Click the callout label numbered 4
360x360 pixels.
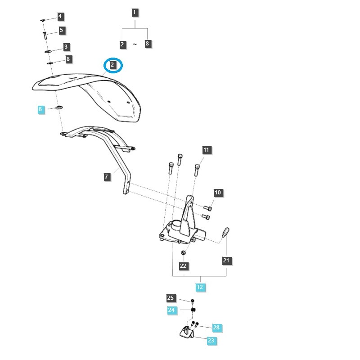(60, 17)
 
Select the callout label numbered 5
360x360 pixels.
(62, 31)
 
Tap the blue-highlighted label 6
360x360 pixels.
(40, 109)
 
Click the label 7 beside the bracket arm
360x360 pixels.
(107, 177)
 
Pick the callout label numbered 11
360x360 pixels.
(207, 150)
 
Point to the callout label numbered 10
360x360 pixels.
(218, 193)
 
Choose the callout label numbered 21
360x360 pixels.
(226, 260)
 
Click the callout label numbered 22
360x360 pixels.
(183, 266)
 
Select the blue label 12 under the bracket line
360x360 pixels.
(200, 287)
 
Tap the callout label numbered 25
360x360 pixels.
(170, 298)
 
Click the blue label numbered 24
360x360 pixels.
(171, 310)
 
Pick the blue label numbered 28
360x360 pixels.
(216, 328)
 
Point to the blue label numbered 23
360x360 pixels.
(211, 341)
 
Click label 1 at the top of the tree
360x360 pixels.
(135, 12)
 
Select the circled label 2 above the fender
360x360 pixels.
(113, 65)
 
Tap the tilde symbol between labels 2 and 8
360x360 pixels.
(135, 44)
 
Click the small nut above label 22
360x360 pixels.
(183, 252)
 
